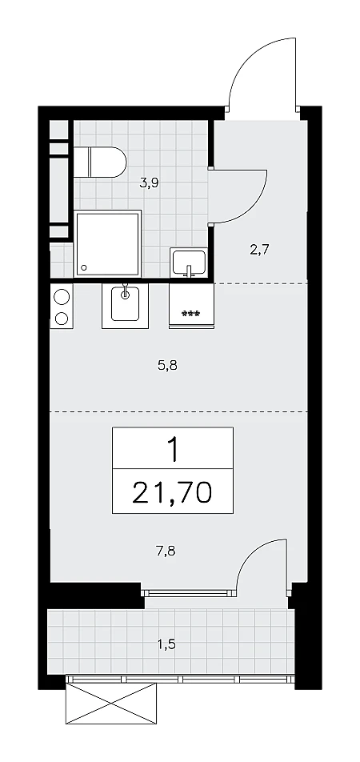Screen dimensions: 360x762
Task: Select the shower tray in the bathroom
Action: coord(107,244)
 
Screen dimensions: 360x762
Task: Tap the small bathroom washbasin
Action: coord(189,263)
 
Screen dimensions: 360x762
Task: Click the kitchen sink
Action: coord(126,306)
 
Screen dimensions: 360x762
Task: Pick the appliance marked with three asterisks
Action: coord(191,306)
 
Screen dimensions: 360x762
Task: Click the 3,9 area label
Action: coord(149,183)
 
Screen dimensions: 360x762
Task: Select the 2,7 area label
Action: coord(259,251)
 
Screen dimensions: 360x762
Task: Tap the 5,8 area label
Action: coord(167,366)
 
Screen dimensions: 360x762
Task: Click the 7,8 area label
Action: coord(165,551)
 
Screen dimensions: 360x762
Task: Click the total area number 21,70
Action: coord(172,492)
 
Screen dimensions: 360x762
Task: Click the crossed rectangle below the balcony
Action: coord(111,703)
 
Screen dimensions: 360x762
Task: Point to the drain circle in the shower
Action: coord(85,267)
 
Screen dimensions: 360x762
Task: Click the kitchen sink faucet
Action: coord(126,290)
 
